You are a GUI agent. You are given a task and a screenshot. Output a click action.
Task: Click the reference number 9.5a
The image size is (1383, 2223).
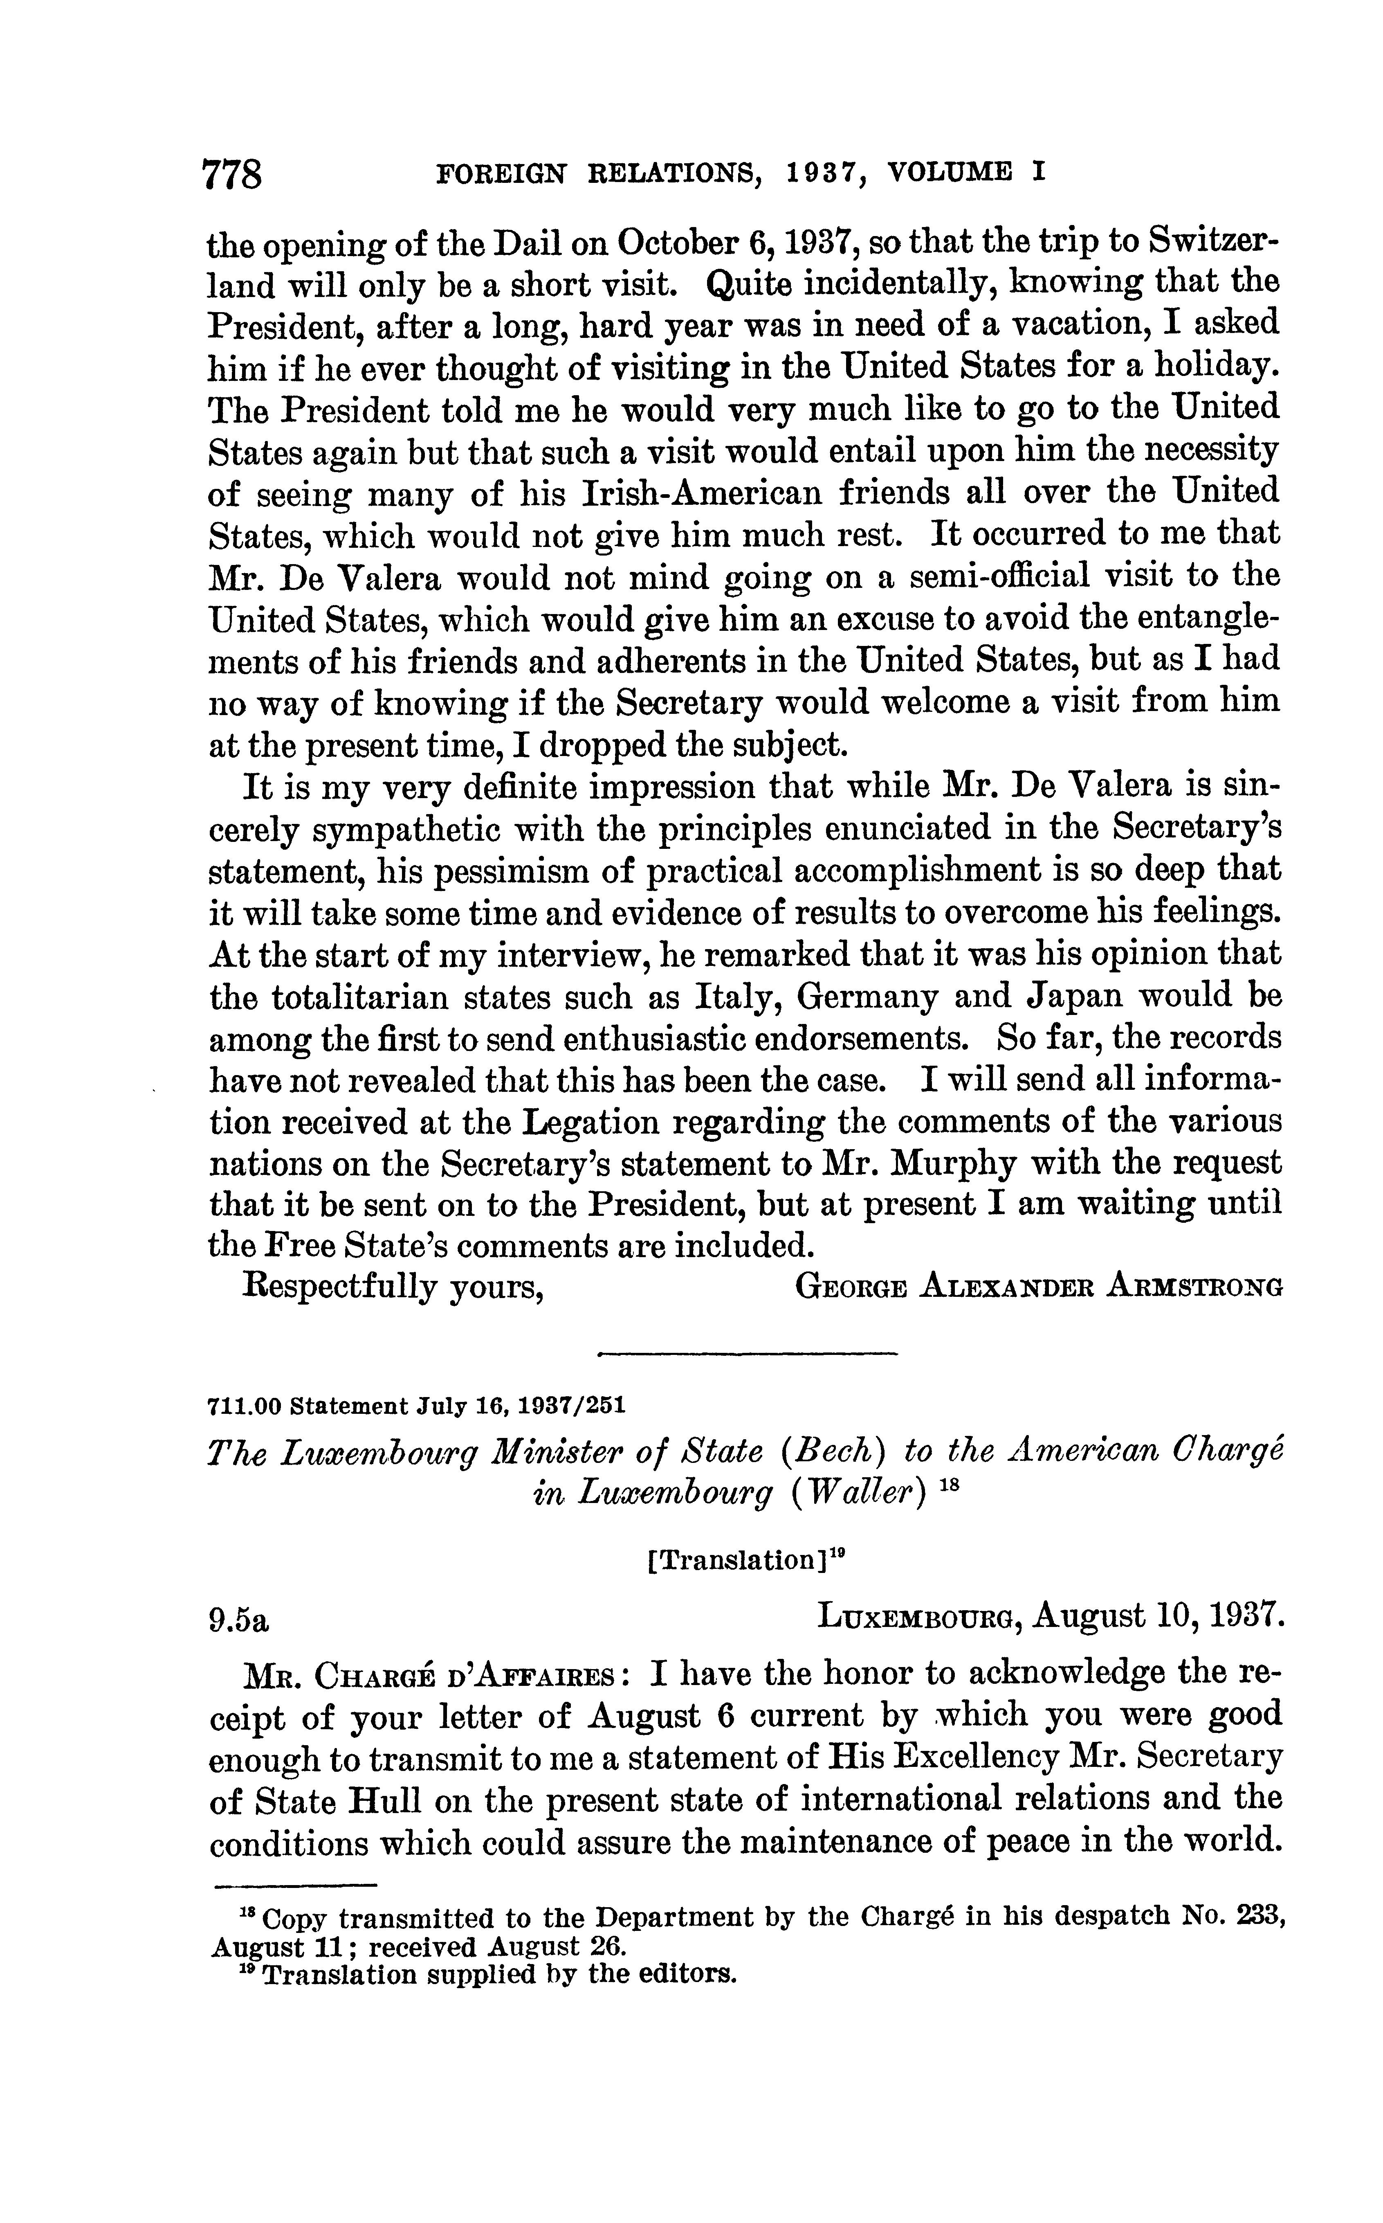pos(240,1621)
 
